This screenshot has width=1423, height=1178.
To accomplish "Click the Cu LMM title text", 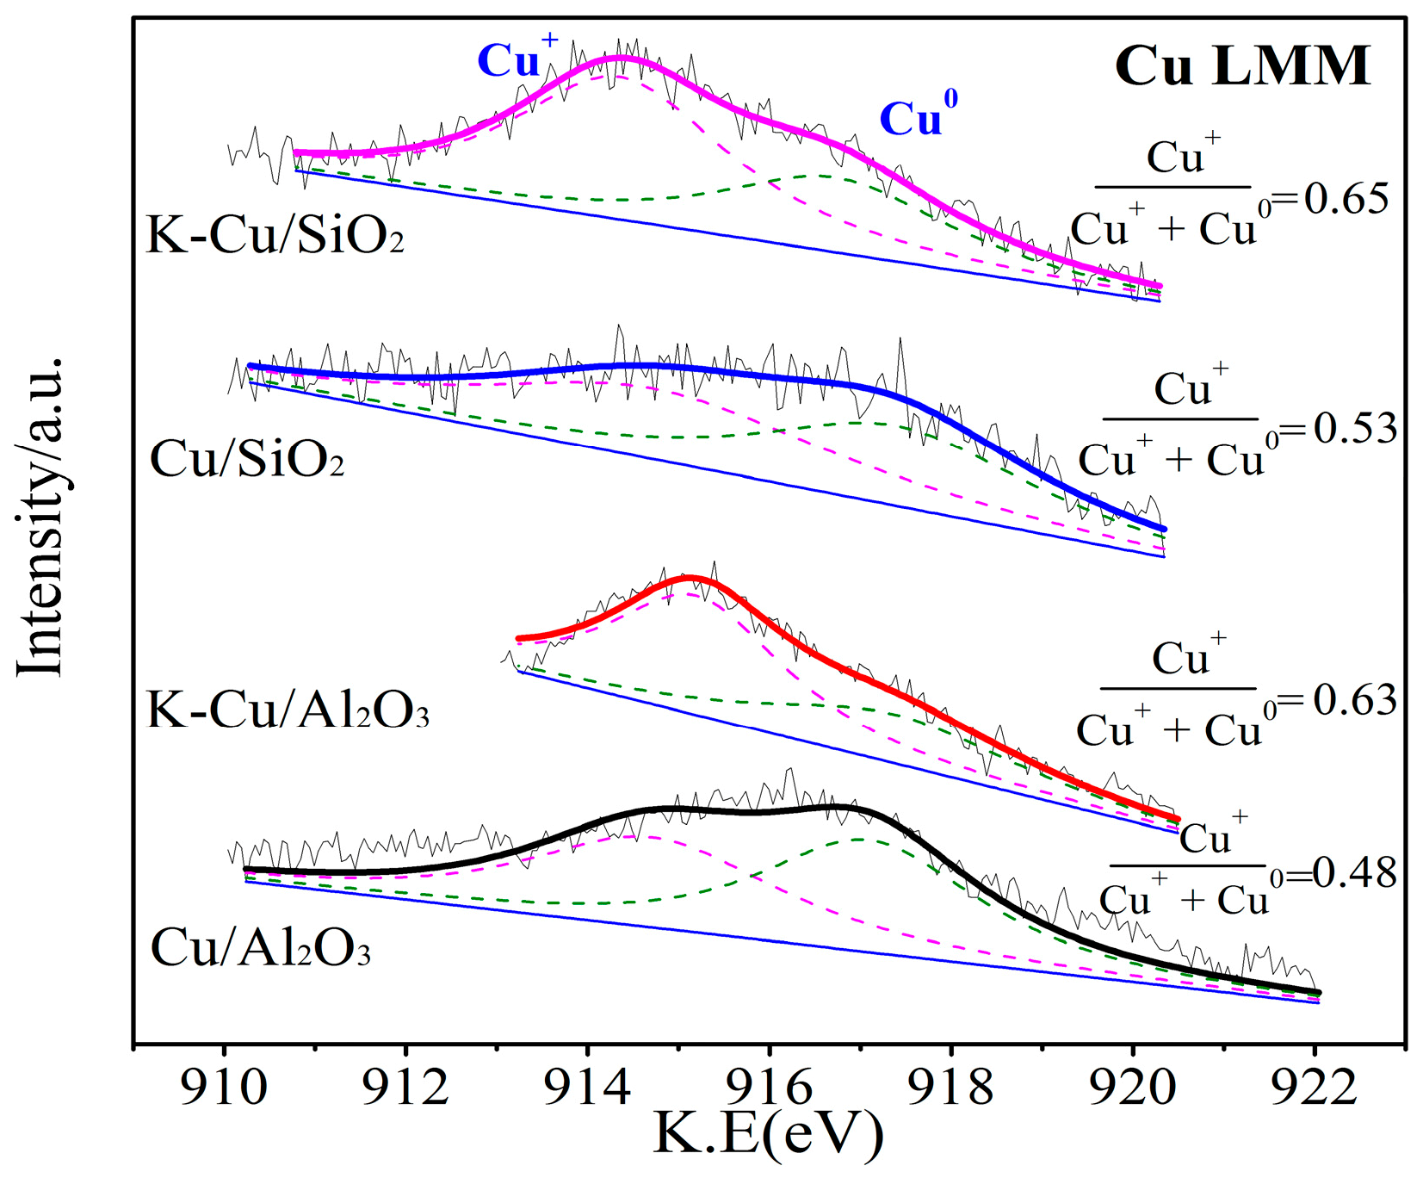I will pyautogui.click(x=1241, y=66).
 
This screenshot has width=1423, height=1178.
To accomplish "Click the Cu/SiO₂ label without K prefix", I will pyautogui.click(x=247, y=459).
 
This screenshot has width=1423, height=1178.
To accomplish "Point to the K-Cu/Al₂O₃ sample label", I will pyautogui.click(x=288, y=710).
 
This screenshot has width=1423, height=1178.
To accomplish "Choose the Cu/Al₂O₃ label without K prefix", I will pyautogui.click(x=260, y=948).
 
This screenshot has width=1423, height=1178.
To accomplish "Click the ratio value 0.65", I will pyautogui.click(x=1346, y=199).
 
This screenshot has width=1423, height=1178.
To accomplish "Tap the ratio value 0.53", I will pyautogui.click(x=1353, y=428).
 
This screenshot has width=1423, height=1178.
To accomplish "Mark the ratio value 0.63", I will pyautogui.click(x=1353, y=699).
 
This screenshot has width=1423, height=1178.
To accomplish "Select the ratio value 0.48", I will pyautogui.click(x=1353, y=873).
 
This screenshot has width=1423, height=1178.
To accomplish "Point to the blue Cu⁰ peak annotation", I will pyautogui.click(x=918, y=115).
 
